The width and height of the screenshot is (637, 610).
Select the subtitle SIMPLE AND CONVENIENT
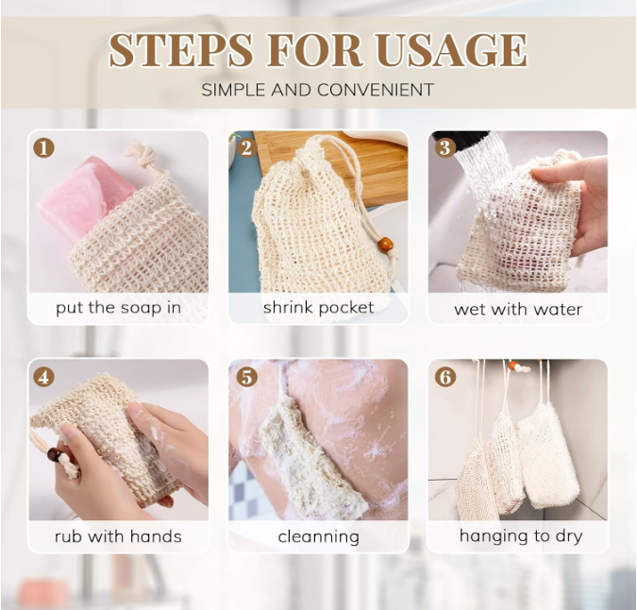pos(317,91)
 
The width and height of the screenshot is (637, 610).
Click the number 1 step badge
pos(44,148)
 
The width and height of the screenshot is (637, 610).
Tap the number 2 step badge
pos(245,148)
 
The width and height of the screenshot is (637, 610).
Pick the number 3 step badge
pos(445,148)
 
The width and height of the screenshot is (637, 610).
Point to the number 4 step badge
pos(44,377)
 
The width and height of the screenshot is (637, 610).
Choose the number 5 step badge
pos(245,377)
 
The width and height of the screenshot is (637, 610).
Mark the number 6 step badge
pos(445,377)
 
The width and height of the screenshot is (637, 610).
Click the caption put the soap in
pos(118,308)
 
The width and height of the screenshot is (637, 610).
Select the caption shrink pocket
pos(318,308)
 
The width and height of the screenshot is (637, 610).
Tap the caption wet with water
pos(518,309)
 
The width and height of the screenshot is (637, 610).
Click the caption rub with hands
pos(118,536)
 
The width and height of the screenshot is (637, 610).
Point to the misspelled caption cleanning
pos(318,536)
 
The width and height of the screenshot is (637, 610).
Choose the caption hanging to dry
pos(520,536)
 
